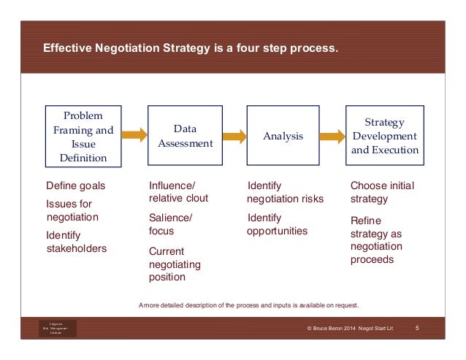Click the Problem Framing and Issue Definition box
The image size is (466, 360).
pos(83,137)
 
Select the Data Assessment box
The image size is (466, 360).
pos(185,137)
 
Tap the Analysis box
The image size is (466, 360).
pos(283,137)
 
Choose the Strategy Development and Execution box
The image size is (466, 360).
pos(385,137)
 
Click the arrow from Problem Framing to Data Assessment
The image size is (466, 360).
pos(134,135)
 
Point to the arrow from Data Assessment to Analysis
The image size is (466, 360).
pos(234,136)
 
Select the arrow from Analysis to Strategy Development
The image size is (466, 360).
pos(332,136)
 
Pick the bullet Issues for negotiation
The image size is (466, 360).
pos(72,210)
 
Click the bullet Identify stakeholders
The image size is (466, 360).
pos(76,242)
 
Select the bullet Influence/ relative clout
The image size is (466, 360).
pos(178,192)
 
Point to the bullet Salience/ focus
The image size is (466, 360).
pos(170,223)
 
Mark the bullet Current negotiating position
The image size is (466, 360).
pos(175,264)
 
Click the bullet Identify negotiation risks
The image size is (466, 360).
pos(285,192)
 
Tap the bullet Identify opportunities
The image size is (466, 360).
pos(277,224)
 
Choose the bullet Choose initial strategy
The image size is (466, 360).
pos(382,192)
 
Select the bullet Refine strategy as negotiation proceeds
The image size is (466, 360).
pos(376,240)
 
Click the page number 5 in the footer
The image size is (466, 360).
pos(416,329)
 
